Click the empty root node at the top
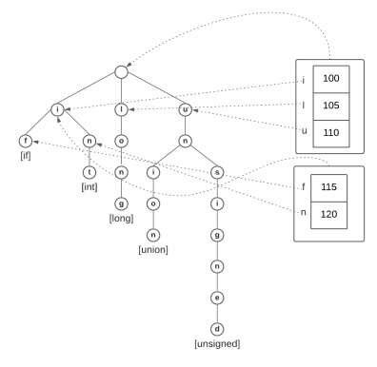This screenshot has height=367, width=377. (121, 72)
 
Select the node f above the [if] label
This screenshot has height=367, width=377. (25, 142)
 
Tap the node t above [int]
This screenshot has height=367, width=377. (89, 173)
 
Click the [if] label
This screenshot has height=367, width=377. (25, 156)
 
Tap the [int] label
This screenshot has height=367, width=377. (89, 187)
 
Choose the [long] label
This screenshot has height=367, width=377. (121, 219)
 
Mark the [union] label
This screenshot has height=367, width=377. (153, 250)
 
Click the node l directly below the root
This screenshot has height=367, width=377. (121, 110)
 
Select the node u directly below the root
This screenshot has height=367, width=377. (185, 110)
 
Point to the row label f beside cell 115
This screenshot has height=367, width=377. (304, 186)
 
